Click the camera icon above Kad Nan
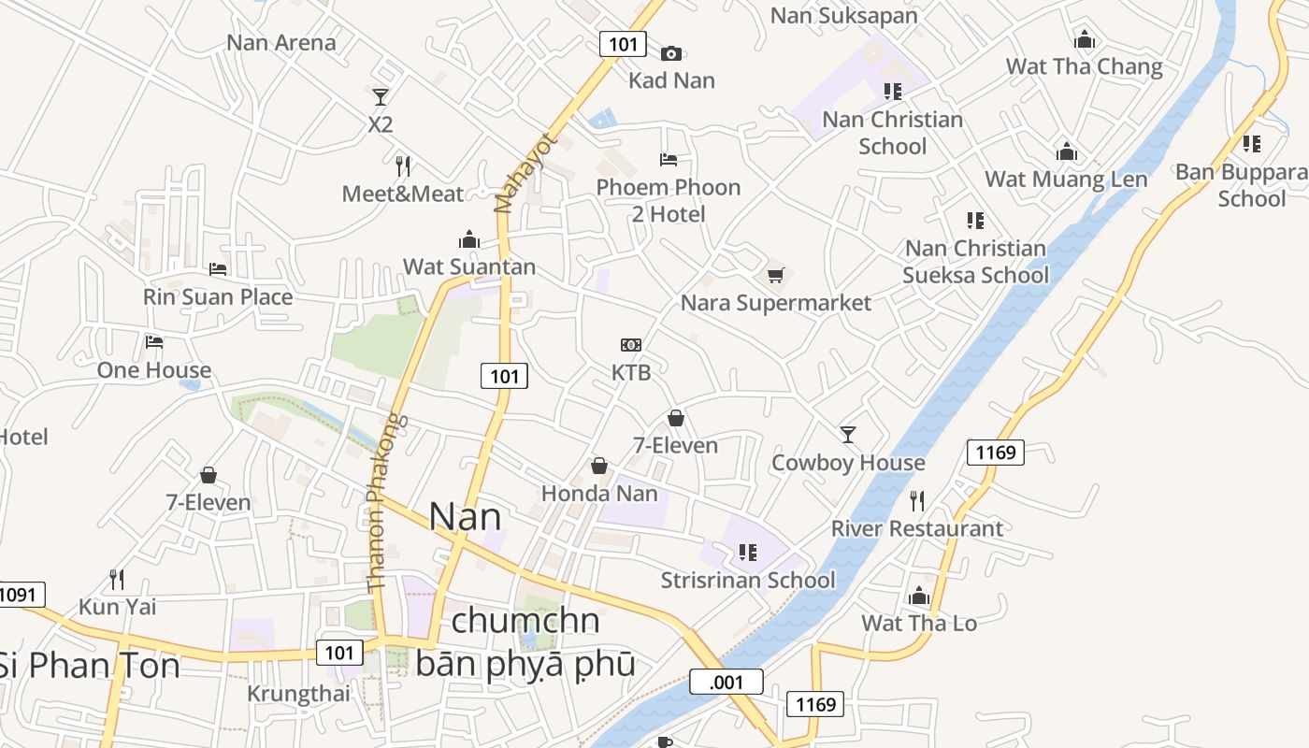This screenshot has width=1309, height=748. (671, 53)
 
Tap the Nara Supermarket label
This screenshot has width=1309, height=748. (775, 303)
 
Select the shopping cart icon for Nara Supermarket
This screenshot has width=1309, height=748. (775, 275)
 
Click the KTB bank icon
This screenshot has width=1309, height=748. (631, 345)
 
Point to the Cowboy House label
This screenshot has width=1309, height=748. (848, 463)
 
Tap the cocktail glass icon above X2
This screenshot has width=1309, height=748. (380, 96)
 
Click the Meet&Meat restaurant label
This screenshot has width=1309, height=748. (403, 194)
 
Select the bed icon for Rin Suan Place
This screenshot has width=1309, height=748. (218, 269)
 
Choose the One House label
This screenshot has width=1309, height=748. (154, 370)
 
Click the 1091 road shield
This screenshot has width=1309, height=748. (21, 595)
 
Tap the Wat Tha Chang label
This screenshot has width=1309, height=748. (1085, 67)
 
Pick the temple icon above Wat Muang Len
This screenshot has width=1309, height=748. (1067, 152)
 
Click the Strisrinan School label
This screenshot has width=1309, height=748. (748, 581)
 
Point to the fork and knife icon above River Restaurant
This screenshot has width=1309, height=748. (917, 501)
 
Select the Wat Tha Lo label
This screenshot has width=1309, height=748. (919, 624)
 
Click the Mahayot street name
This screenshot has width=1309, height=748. (511, 173)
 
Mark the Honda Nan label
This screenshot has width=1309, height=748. (599, 494)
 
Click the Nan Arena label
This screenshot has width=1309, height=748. (281, 43)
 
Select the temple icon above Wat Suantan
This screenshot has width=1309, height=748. (469, 239)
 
